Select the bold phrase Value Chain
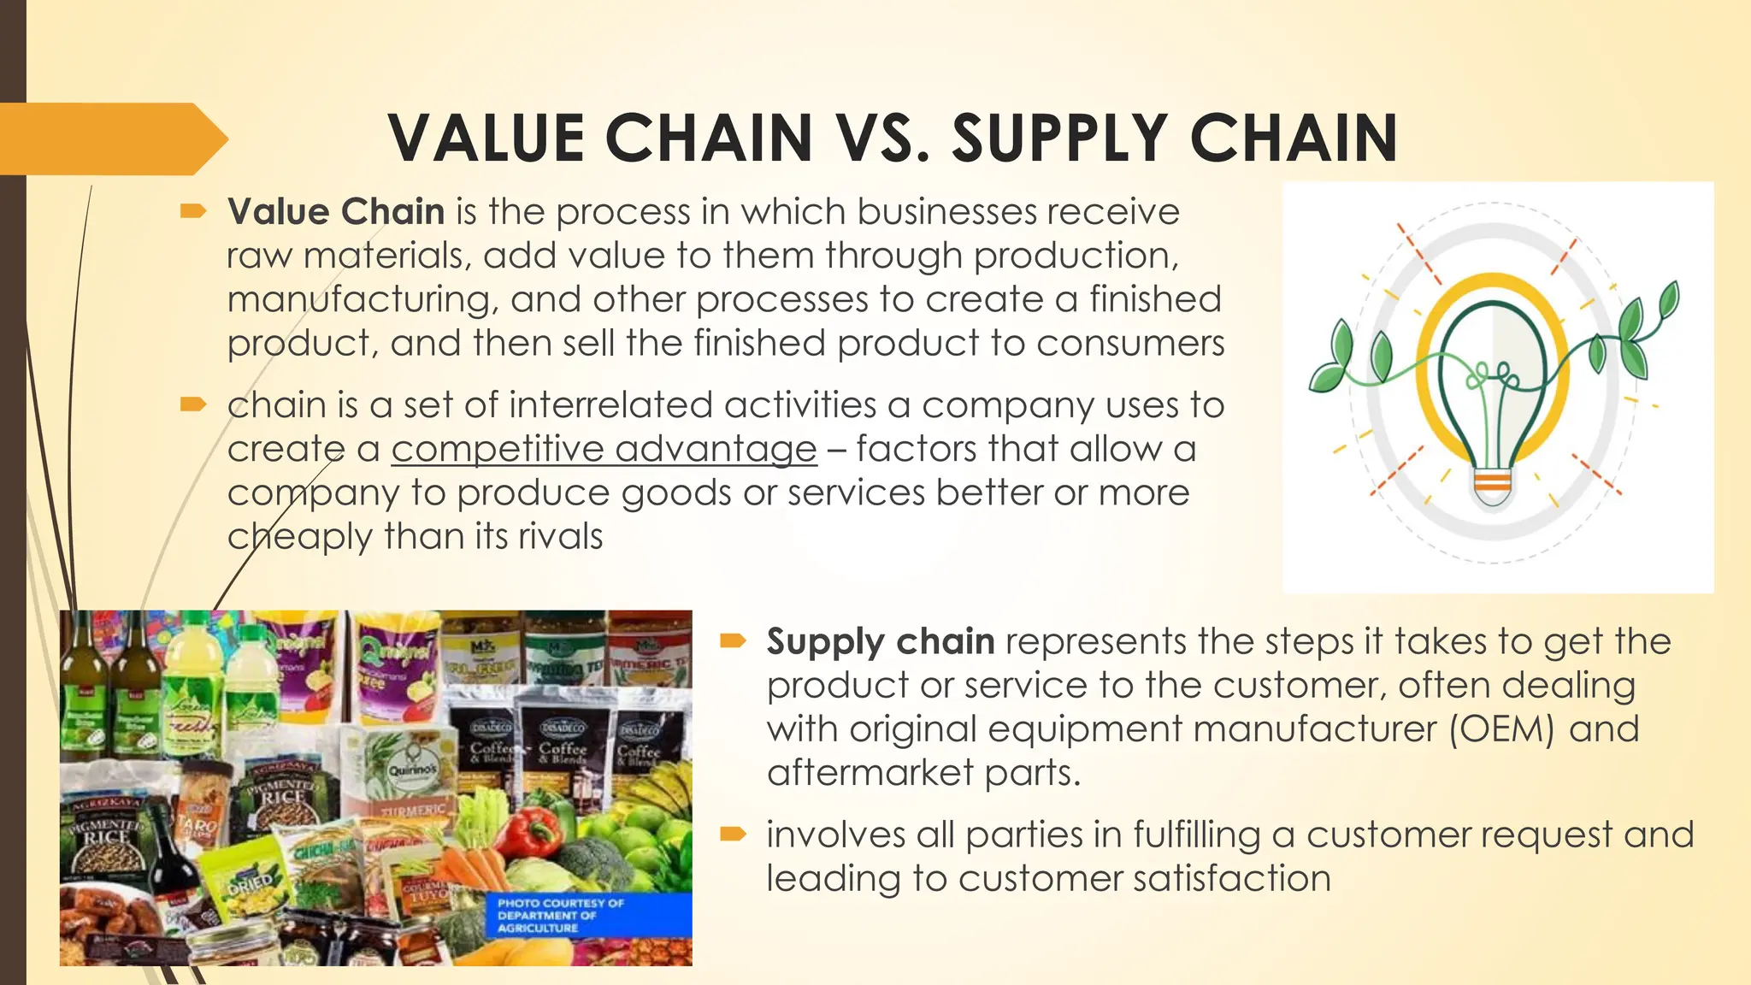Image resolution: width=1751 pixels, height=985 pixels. pyautogui.click(x=336, y=211)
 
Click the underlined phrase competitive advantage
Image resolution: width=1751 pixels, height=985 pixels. pyautogui.click(x=604, y=449)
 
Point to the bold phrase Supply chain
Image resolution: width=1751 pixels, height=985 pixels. pyautogui.click(x=880, y=641)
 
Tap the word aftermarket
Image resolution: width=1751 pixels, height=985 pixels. pyautogui.click(x=870, y=773)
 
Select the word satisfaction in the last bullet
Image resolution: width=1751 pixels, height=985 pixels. pyautogui.click(x=1231, y=879)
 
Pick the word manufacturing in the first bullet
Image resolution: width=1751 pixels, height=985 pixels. pyautogui.click(x=358, y=300)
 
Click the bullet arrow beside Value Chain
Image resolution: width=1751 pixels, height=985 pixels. pyautogui.click(x=194, y=210)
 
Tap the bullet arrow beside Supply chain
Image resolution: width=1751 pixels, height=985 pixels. pyautogui.click(x=734, y=640)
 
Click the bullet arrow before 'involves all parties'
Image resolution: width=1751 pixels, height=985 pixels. pyautogui.click(x=734, y=834)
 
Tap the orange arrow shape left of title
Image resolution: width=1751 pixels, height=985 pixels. pyautogui.click(x=111, y=139)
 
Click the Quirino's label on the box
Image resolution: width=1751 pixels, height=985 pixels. pyautogui.click(x=412, y=770)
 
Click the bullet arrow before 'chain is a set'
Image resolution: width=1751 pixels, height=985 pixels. pyautogui.click(x=194, y=404)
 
